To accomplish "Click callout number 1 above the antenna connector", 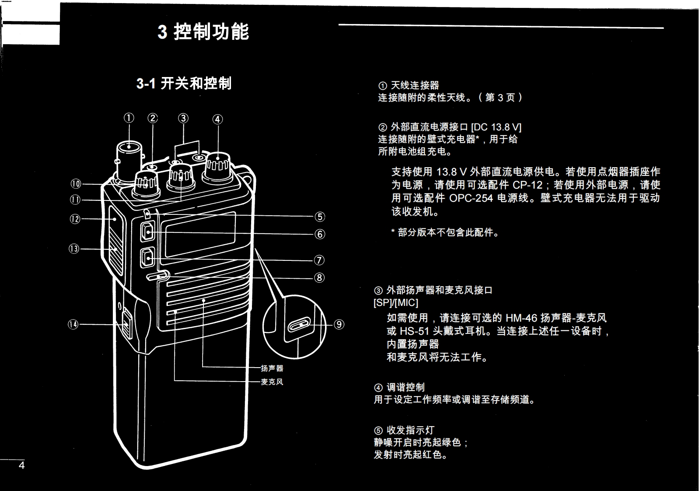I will pos(129,118).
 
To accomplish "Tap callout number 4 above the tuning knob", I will pos(217,119).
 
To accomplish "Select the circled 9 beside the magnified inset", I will pos(339,324).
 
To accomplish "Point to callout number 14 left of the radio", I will pos(73,324).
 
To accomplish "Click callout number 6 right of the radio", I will pos(320,234).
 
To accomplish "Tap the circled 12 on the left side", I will pos(75,219).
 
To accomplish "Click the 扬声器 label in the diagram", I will pos(272,368).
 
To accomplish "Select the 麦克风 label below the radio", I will pos(272,382).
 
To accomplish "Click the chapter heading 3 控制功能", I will pos(203,32).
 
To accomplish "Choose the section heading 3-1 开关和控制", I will pos(184,83).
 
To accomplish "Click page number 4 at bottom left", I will pos(21,465).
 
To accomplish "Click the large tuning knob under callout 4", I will pos(217,167).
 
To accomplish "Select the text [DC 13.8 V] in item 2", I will pos(496,127).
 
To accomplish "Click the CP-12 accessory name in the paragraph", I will pos(528,185).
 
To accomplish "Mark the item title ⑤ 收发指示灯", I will pos(404,430).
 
